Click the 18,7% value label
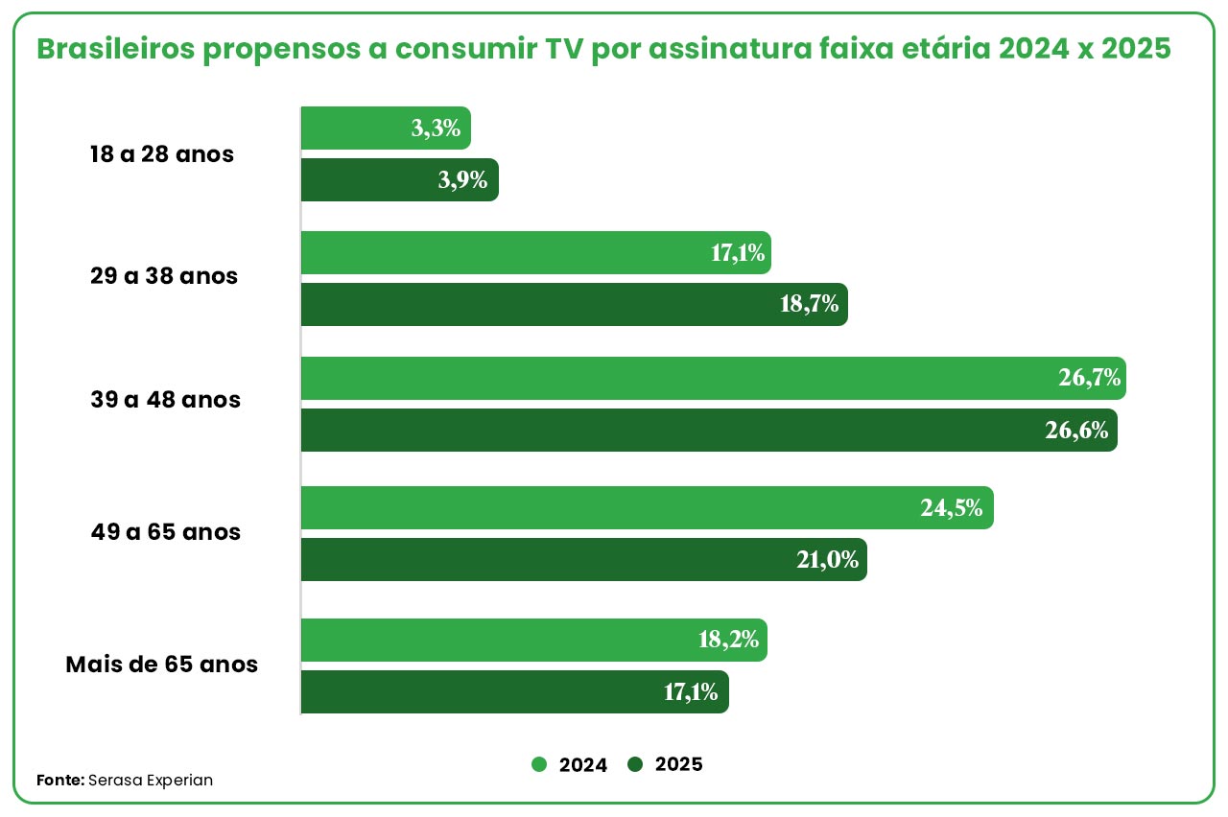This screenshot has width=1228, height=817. click(x=812, y=305)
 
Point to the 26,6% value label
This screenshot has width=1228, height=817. click(x=1077, y=431)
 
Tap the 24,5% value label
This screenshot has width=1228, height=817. click(x=952, y=508)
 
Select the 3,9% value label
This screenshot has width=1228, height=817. click(x=462, y=180)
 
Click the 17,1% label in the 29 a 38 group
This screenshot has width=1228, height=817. click(x=738, y=253)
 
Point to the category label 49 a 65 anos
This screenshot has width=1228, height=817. click(x=164, y=532)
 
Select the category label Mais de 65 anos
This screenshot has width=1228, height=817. click(x=161, y=664)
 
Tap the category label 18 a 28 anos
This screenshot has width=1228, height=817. click(x=161, y=154)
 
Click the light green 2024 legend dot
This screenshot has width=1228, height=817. click(x=539, y=764)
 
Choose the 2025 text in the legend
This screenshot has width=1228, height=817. click(x=678, y=764)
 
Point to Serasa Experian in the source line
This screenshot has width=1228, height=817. click(x=151, y=781)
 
